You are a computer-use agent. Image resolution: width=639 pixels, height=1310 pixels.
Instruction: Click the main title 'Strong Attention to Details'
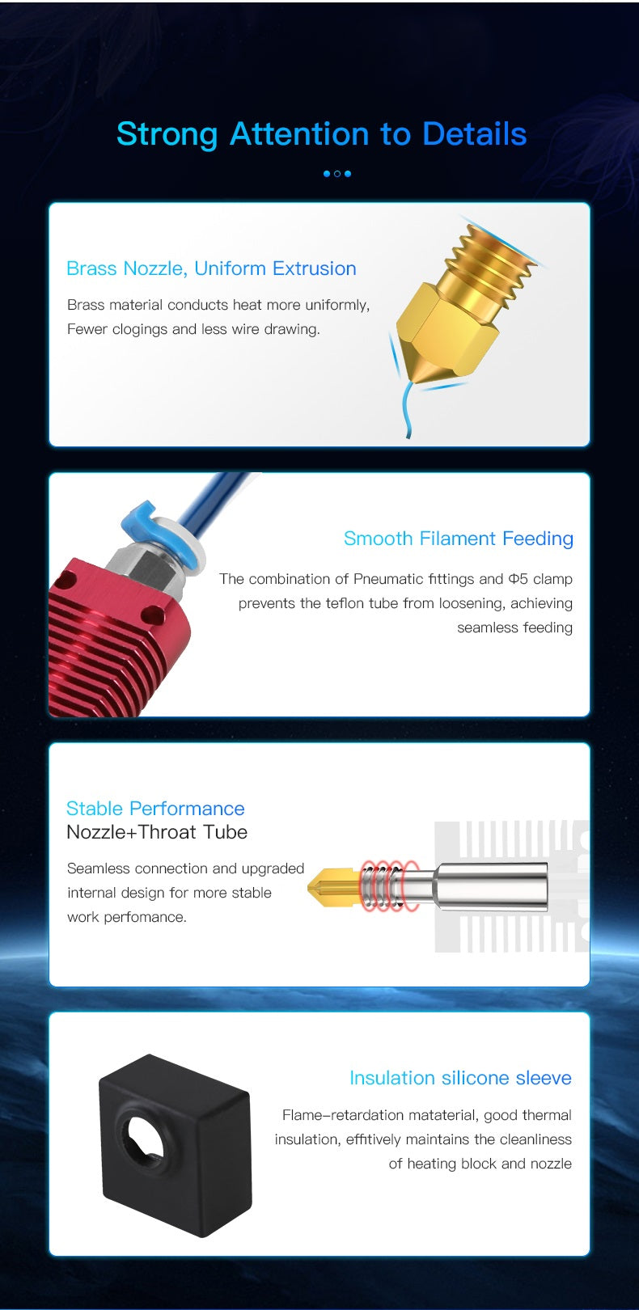pyautogui.click(x=321, y=134)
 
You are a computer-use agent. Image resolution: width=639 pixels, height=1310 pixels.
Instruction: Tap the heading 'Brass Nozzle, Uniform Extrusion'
pyautogui.click(x=211, y=268)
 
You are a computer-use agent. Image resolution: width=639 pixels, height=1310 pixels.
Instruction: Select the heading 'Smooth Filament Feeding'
pyautogui.click(x=458, y=539)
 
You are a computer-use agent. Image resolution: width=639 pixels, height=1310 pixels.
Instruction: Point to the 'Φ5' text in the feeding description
pyautogui.click(x=518, y=579)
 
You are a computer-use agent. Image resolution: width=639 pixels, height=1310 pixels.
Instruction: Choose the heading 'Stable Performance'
pyautogui.click(x=155, y=808)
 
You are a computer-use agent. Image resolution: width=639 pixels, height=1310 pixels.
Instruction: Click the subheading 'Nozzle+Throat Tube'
pyautogui.click(x=157, y=832)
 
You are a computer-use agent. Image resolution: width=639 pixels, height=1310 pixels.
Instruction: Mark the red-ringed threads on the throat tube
pyautogui.click(x=389, y=886)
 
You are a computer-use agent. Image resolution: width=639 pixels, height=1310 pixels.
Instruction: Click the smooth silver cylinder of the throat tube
pyautogui.click(x=492, y=886)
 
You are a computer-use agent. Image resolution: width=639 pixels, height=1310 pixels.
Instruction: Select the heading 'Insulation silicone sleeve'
pyautogui.click(x=460, y=1078)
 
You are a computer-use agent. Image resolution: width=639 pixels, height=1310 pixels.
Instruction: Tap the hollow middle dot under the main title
pyautogui.click(x=337, y=174)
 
